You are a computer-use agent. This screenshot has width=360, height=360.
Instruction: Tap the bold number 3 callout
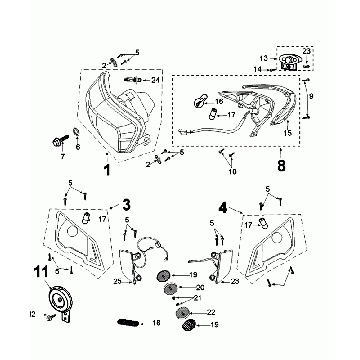click(x=126, y=205)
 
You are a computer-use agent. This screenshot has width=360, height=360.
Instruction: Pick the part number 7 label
click(x=61, y=157)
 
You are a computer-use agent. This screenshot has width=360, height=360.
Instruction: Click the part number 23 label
click(x=305, y=50)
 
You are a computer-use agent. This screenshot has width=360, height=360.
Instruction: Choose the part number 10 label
click(x=234, y=172)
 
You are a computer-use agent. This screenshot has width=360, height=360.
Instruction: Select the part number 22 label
click(x=211, y=309)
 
